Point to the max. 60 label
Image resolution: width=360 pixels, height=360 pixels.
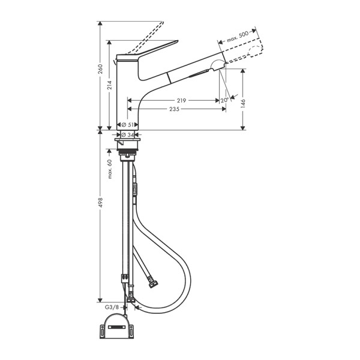pos(110,170)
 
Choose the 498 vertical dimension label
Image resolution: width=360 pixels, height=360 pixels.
pos(100,204)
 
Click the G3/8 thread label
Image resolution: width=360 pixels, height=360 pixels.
pos(112,307)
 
